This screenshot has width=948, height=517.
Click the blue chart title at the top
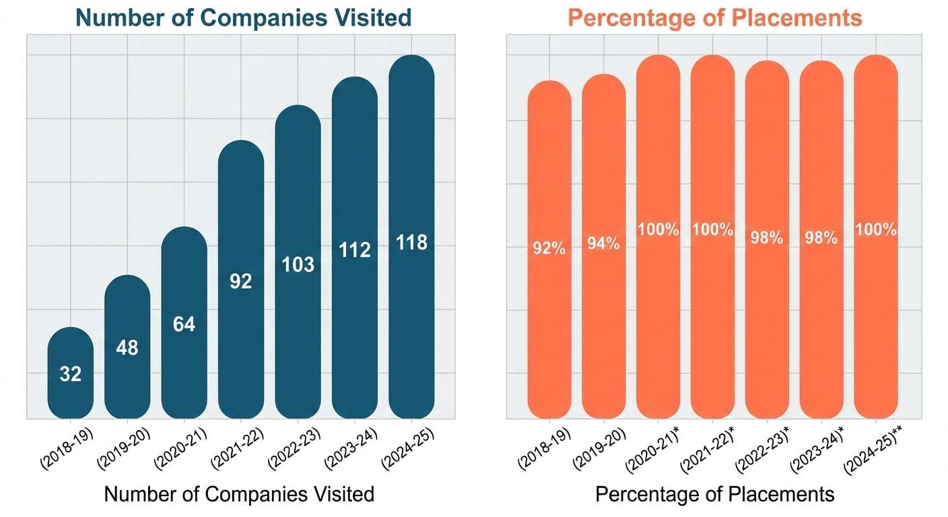tap(240, 17)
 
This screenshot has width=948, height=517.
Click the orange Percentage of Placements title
tap(715, 17)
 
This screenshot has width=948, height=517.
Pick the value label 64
tap(184, 324)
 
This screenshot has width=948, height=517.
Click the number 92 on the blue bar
tap(240, 281)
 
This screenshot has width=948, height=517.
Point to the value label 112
tap(355, 250)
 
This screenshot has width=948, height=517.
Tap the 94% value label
tap(604, 244)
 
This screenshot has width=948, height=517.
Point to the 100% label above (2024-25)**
tap(876, 230)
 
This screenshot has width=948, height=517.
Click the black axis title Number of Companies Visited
tap(239, 494)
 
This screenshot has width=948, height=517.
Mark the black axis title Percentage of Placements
tap(714, 494)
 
